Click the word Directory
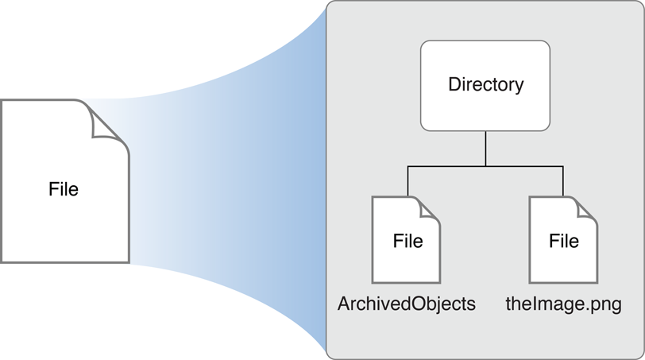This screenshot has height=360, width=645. [x=485, y=85]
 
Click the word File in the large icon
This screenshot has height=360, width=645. [x=64, y=190]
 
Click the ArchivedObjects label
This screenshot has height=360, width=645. [x=407, y=304]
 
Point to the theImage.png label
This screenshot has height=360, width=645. [x=563, y=304]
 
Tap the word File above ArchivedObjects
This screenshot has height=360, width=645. [x=407, y=241]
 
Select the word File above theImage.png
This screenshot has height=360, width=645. [x=564, y=241]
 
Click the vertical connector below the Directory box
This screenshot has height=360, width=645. [x=485, y=147]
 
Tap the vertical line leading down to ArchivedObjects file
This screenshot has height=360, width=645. [x=407, y=180]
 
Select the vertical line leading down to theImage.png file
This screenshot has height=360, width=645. [x=563, y=180]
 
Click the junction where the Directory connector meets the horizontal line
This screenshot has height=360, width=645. [x=485, y=165]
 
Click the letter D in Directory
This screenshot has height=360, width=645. [x=454, y=85]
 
